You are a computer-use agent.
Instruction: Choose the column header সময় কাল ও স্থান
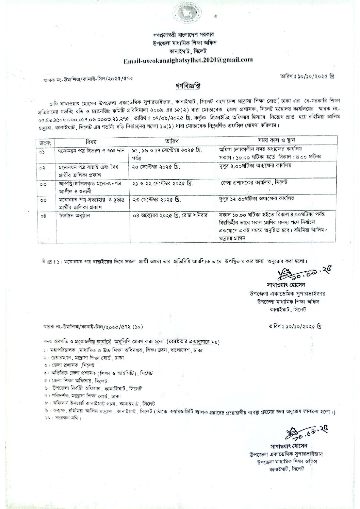pyautogui.click(x=277, y=141)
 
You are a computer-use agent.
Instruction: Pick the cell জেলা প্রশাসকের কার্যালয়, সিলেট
pyautogui.click(x=254, y=183)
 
